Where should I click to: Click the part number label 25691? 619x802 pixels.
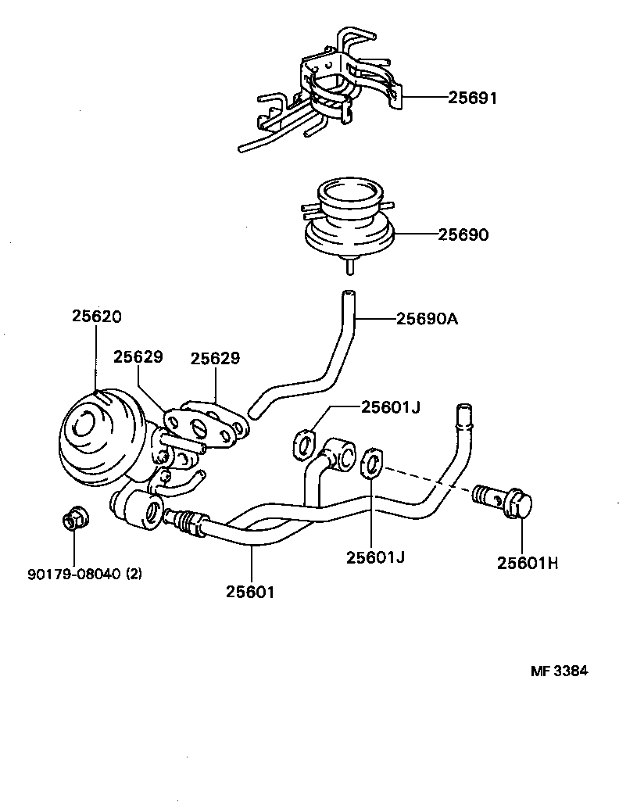point(473,98)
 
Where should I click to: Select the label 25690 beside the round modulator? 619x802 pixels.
point(463,234)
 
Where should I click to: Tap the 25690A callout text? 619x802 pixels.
point(426,318)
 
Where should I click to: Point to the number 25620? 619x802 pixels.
point(97,317)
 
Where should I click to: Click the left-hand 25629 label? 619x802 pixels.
point(138,356)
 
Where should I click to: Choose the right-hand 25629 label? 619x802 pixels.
point(215,358)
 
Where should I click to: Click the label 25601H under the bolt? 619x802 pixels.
point(528,562)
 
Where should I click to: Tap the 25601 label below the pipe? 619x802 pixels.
point(250,592)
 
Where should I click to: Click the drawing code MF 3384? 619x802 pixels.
point(559,670)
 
